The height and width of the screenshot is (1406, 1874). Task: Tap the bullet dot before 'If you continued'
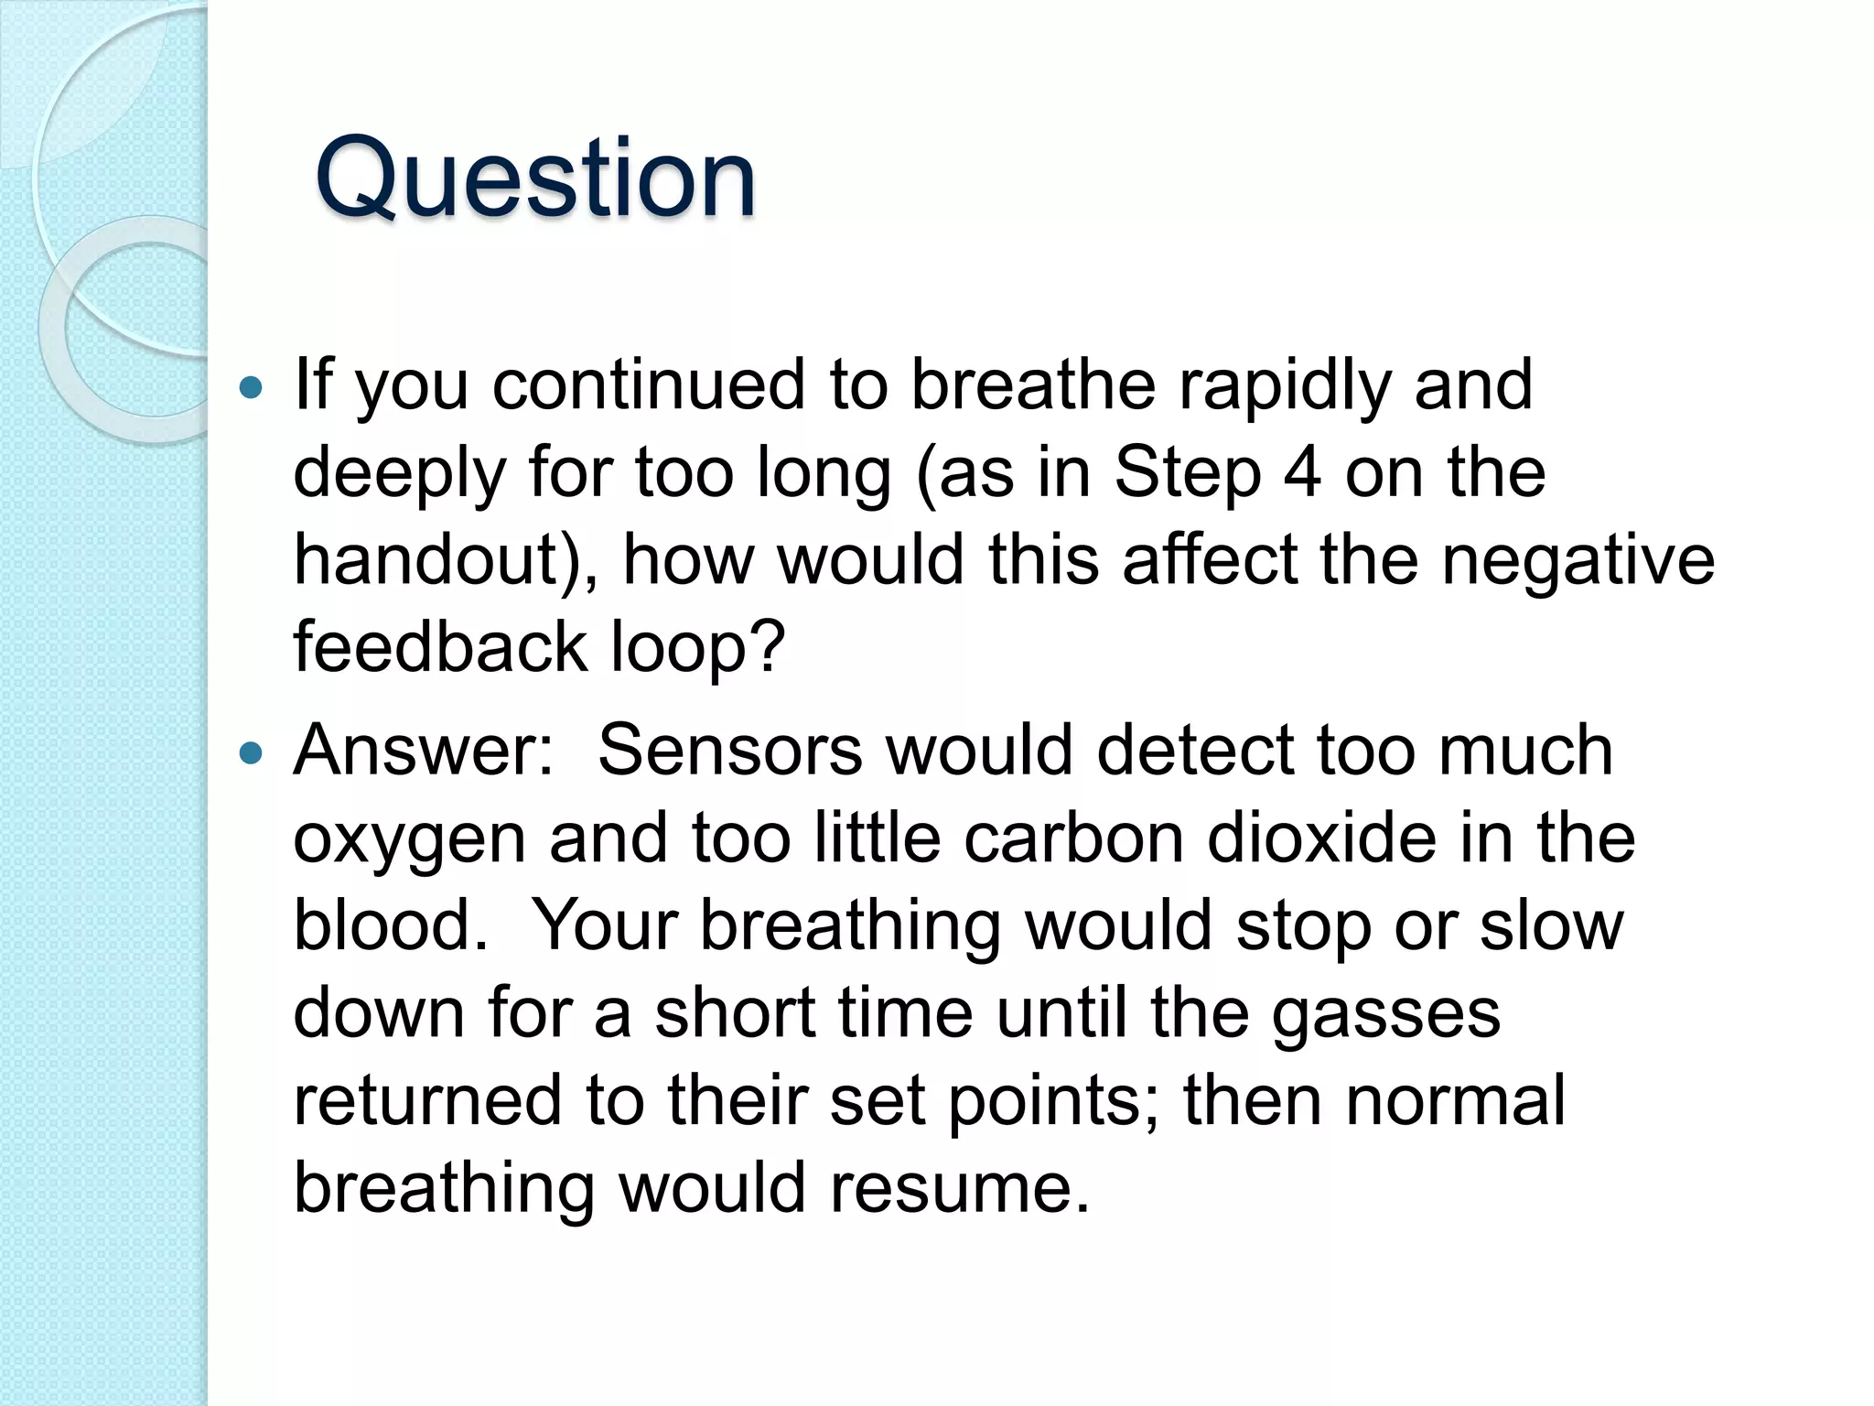click(x=250, y=389)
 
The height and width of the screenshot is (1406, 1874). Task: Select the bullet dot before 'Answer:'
click(x=250, y=753)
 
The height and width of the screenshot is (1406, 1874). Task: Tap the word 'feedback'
click(x=439, y=646)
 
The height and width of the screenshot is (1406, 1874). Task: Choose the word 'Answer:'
click(x=424, y=750)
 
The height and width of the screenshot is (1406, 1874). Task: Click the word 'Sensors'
click(x=729, y=750)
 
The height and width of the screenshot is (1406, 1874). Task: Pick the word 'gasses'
click(x=1385, y=1014)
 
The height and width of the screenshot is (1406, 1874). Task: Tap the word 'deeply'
click(x=399, y=474)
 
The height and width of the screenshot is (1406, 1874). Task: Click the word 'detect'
click(x=1195, y=750)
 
